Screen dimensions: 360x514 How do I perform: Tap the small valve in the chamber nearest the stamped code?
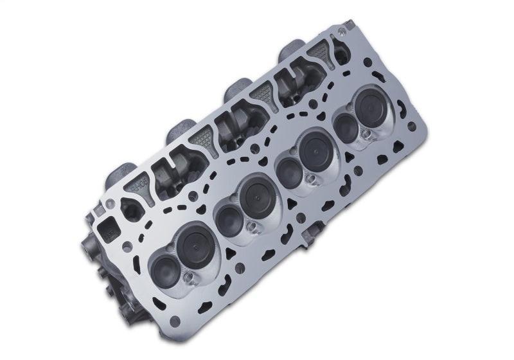pyautogui.click(x=162, y=261)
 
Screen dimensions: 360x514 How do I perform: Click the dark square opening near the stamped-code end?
pyautogui.click(x=104, y=226)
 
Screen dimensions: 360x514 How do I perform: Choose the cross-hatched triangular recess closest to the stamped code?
pyautogui.click(x=201, y=137)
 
